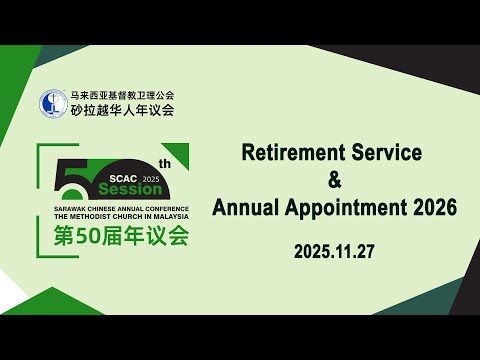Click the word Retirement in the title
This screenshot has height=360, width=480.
tap(291, 154)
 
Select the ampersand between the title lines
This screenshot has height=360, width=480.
tap(334, 181)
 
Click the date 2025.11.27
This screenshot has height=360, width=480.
tap(334, 253)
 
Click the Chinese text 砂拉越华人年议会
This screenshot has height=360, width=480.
tap(121, 110)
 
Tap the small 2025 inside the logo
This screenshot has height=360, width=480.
tap(151, 177)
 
